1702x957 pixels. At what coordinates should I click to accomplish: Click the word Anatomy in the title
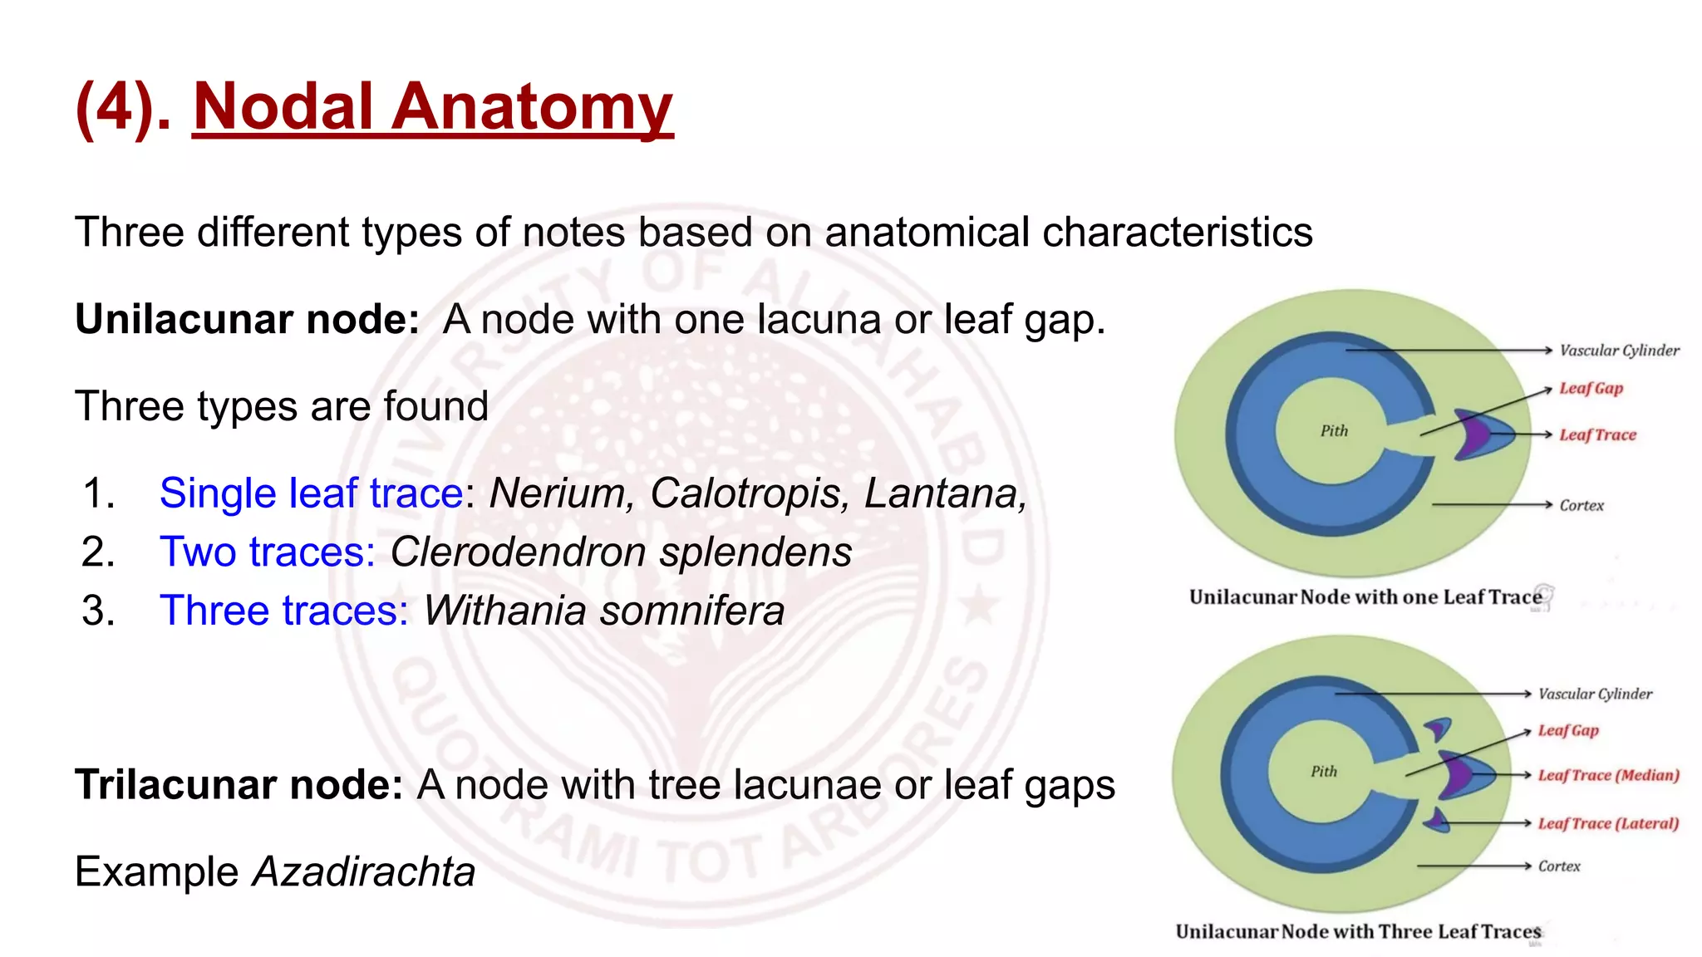point(531,108)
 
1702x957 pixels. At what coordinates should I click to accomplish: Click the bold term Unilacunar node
point(247,319)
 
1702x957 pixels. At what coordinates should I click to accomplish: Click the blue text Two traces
point(267,552)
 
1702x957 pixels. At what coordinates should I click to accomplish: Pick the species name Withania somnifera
point(604,611)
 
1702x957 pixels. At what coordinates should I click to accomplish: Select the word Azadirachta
point(364,872)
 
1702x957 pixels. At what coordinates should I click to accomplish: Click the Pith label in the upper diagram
point(1334,430)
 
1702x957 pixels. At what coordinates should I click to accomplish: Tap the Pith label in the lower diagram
point(1324,771)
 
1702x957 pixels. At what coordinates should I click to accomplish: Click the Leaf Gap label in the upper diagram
point(1591,388)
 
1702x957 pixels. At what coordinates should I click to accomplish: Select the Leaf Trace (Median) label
point(1608,775)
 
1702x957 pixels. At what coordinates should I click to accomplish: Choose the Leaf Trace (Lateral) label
point(1608,823)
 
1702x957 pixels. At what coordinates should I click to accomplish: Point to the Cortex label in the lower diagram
point(1559,866)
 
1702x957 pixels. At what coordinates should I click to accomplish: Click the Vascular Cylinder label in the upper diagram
point(1619,351)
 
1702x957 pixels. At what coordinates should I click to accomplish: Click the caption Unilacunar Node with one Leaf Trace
point(1365,597)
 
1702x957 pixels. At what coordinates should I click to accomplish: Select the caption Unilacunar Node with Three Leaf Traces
point(1358,932)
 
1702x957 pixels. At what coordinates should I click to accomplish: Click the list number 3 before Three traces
point(97,611)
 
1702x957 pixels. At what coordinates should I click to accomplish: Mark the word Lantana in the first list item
point(945,493)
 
